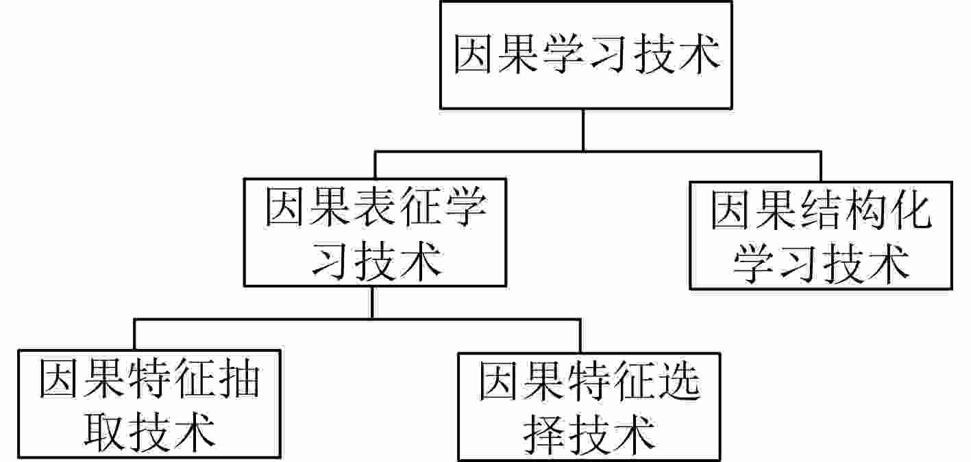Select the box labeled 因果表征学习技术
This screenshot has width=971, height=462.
coord(376,233)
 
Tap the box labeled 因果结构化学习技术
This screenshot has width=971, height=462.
coord(820,235)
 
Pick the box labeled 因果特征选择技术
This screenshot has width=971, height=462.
coord(589,406)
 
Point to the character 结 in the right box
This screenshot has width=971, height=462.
coord(820,211)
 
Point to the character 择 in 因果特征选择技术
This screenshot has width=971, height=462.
coord(543,433)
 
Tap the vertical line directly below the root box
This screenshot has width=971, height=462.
coord(582,130)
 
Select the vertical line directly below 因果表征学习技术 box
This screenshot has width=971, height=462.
coord(372,302)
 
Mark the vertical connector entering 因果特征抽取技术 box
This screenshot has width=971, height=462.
coord(134,335)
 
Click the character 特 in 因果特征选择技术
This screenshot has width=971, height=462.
coord(589,381)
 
